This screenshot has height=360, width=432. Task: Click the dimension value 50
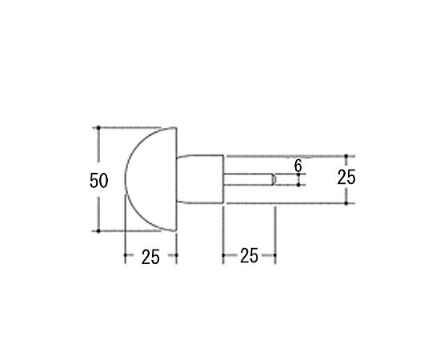coord(99,181)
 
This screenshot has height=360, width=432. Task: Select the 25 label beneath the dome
coord(150,257)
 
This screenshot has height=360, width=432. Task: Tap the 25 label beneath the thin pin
coord(249,256)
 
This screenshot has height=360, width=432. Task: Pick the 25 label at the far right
coord(346,177)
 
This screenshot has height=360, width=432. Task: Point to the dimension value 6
coord(298,166)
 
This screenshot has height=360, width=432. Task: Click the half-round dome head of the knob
coord(151,179)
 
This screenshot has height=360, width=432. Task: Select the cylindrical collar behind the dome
coord(200,179)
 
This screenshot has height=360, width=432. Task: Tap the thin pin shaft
coord(248,179)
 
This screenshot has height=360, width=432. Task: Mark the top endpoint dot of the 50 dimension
coord(98,128)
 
